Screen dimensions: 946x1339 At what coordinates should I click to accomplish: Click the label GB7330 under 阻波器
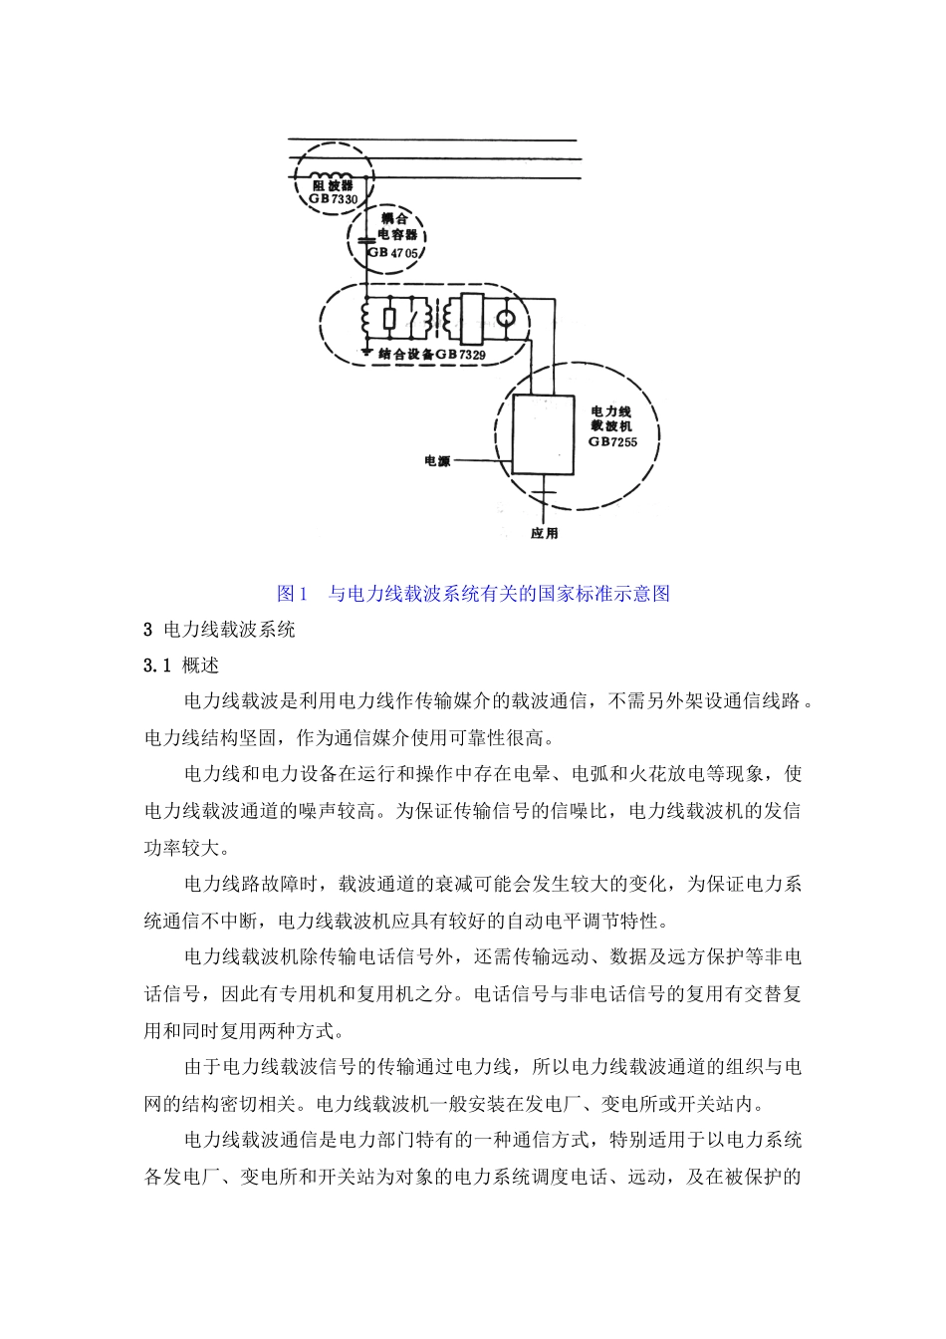[332, 198]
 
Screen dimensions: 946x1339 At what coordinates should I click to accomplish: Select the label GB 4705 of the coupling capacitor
[393, 254]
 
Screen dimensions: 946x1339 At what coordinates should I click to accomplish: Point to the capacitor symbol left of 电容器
[366, 240]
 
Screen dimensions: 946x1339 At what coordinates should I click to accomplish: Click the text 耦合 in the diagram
[395, 217]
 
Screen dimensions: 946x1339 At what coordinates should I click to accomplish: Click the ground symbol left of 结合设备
[366, 352]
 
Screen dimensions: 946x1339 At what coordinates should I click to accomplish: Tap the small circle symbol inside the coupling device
[508, 319]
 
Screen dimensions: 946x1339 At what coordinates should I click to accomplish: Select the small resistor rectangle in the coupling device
[388, 320]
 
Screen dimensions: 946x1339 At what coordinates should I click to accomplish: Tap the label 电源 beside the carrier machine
[437, 461]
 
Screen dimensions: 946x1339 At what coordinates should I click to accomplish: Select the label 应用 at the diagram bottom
[544, 533]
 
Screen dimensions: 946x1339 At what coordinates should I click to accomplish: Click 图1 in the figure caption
[292, 594]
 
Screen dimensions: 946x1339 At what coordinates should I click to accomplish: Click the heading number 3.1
[158, 666]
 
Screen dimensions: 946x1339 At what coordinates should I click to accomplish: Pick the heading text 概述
[201, 666]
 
